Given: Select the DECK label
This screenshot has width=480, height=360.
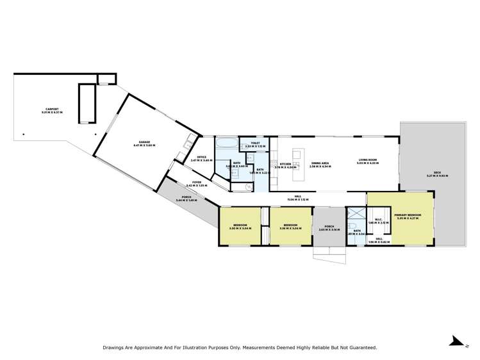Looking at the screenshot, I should point(437,174).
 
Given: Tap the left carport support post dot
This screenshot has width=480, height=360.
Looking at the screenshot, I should point(24,135).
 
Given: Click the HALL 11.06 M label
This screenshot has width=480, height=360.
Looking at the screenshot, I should point(298,199).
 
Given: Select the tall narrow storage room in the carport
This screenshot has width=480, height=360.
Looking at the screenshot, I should point(86,102).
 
